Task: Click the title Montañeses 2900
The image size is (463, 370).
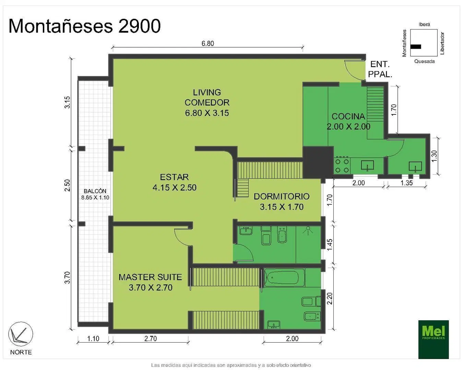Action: point(85,26)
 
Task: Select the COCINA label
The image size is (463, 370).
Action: point(348,116)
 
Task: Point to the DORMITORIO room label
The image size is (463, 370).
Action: point(282,196)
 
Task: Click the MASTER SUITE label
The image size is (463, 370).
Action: point(150,277)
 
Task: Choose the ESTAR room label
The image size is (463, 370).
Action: point(174,177)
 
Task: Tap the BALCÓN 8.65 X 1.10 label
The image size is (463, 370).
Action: point(95,194)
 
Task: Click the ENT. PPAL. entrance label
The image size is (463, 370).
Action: point(380,69)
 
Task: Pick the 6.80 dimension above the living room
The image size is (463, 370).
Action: point(207,44)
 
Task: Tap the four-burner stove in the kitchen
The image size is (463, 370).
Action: point(342,165)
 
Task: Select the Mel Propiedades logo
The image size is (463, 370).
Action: point(433,340)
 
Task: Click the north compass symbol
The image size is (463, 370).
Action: point(21,334)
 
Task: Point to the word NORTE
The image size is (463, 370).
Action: point(21,352)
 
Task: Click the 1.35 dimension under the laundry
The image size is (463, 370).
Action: point(406,183)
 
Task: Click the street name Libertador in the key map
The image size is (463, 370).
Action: point(442,44)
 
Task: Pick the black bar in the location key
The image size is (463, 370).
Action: point(416,47)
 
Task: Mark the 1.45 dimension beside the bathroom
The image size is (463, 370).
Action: point(329,245)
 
